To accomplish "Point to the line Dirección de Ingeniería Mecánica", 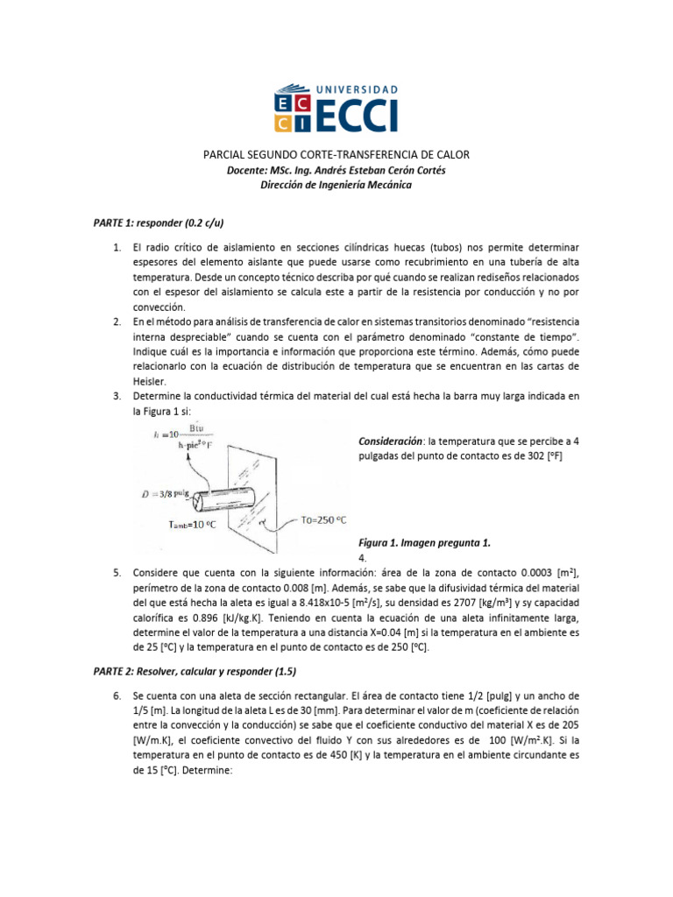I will point(336,185).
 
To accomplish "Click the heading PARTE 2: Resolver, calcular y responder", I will point(195,671).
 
